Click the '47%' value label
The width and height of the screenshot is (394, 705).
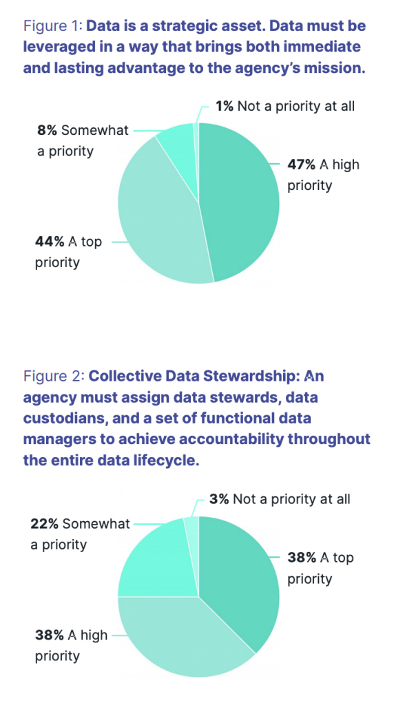pos(300,165)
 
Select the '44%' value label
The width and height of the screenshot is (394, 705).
pos(49,242)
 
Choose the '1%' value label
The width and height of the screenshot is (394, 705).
pos(222,106)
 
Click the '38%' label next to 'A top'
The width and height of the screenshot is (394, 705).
pos(301,558)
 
